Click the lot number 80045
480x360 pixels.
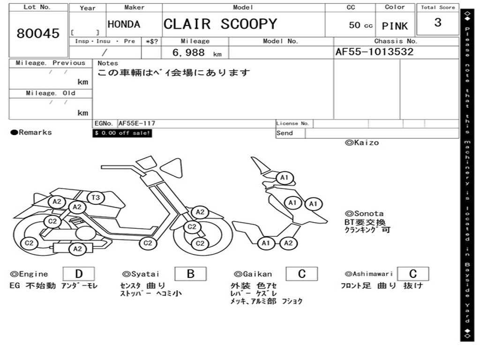pyautogui.click(x=38, y=33)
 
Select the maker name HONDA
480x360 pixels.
pyautogui.click(x=124, y=24)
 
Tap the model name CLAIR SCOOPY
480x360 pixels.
pyautogui.click(x=220, y=24)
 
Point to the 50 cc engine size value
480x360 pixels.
pyautogui.click(x=360, y=25)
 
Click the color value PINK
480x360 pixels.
pyautogui.click(x=395, y=26)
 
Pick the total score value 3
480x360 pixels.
pyautogui.click(x=437, y=22)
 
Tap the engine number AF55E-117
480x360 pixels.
pyautogui.click(x=137, y=123)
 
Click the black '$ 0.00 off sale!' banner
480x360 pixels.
pyautogui.click(x=122, y=133)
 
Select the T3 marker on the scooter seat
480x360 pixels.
pyautogui.click(x=96, y=198)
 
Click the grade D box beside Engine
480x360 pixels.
pyautogui.click(x=78, y=274)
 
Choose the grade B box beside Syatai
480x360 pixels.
pyautogui.click(x=190, y=274)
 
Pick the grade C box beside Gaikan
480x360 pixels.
pyautogui.click(x=301, y=274)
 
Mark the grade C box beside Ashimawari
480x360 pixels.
pyautogui.click(x=412, y=274)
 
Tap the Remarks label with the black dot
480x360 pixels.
pyautogui.click(x=31, y=132)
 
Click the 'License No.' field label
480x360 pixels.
pyautogui.click(x=292, y=123)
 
